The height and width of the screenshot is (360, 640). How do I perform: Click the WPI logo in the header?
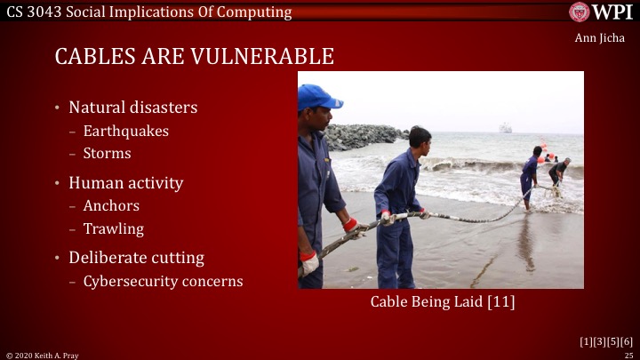602,12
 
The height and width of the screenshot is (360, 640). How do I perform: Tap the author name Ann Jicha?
600,37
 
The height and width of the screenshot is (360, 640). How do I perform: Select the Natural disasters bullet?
132,108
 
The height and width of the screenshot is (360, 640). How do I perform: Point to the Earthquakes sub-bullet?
125,131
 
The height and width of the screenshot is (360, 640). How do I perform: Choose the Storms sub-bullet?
107,153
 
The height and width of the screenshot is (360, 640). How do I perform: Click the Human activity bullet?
125,183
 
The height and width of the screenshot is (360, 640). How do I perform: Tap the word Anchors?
111,206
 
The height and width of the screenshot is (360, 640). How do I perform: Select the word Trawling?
113,228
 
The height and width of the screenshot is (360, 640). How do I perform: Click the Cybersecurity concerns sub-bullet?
163,281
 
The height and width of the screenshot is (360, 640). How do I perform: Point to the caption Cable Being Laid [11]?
443,302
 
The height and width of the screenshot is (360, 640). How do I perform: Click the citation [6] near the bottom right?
627,341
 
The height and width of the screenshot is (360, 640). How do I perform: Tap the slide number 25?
628,355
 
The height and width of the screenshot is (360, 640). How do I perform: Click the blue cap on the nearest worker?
317,96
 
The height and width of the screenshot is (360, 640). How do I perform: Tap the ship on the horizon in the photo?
505,128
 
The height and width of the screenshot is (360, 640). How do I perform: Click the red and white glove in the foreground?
309,262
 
